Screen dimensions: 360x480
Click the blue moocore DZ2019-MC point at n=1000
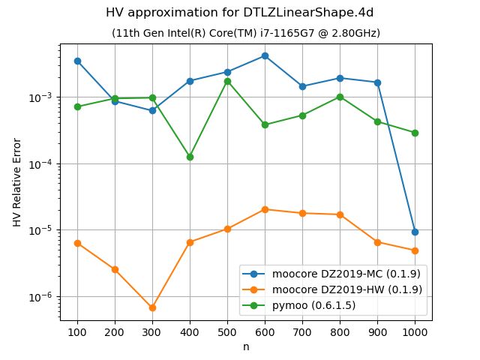click(x=415, y=232)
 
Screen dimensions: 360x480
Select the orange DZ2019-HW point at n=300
click(x=152, y=307)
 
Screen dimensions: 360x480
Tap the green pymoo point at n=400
click(x=190, y=157)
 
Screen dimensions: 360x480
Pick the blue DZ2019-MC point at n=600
click(x=265, y=55)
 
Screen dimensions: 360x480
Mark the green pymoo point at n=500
click(x=227, y=81)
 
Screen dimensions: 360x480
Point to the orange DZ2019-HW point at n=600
click(x=265, y=209)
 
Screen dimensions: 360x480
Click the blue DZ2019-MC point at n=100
click(x=77, y=61)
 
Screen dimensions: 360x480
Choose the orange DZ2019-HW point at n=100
click(x=77, y=243)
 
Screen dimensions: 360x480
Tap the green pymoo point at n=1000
click(x=415, y=133)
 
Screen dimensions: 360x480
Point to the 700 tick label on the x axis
click(x=302, y=331)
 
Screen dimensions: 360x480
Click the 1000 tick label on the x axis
click(x=415, y=331)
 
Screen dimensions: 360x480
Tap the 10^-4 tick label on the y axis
click(x=43, y=163)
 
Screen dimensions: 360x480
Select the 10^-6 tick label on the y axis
click(x=43, y=296)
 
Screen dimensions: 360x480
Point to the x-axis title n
click(x=246, y=346)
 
